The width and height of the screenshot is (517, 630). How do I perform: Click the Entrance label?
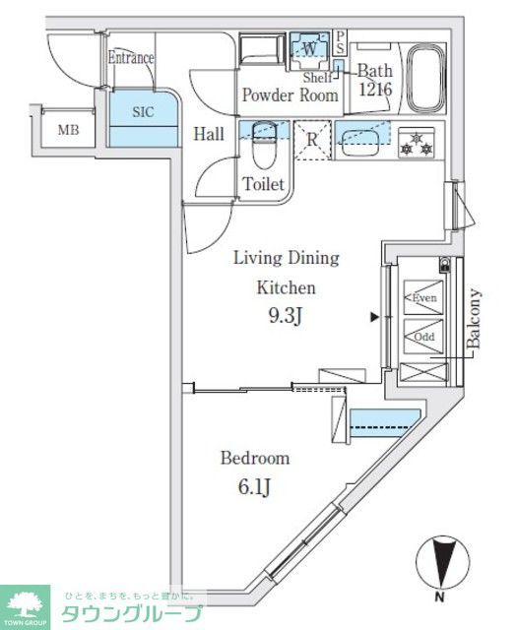tap(131, 57)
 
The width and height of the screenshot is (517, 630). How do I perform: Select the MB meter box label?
tap(67, 130)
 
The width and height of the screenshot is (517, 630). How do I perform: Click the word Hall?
tap(207, 134)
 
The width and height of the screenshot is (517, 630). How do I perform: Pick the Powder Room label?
tap(291, 95)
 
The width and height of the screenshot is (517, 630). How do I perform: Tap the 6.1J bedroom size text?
tap(254, 488)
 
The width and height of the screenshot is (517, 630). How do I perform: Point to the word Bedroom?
tap(254, 458)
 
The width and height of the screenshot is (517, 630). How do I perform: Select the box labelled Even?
tap(424, 297)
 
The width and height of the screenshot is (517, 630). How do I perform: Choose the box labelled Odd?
tap(424, 336)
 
